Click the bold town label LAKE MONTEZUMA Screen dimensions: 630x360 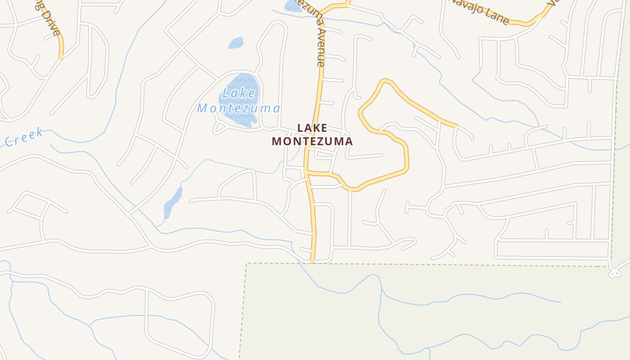click(x=312, y=135)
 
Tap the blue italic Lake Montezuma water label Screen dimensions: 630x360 click(x=238, y=101)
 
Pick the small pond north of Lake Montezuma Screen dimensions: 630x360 click(x=236, y=43)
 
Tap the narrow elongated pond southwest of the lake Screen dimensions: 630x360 click(x=173, y=202)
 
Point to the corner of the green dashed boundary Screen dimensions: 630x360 click(x=247, y=264)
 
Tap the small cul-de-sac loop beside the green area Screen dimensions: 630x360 click(x=614, y=273)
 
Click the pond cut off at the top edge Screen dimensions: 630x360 click(x=292, y=5)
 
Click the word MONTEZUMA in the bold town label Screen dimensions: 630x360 click(x=312, y=141)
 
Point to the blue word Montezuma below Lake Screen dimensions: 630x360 click(x=238, y=108)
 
